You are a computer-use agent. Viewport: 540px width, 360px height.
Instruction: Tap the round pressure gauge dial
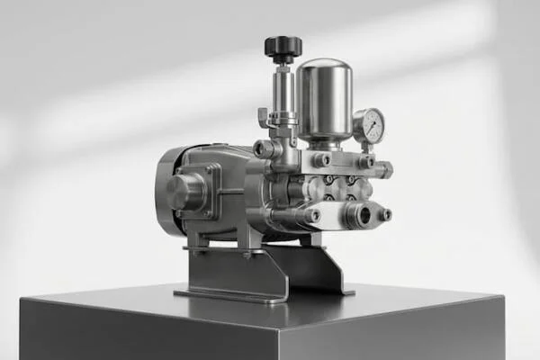coord(369,126)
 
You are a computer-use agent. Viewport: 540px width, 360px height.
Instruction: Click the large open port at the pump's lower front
coord(363,215)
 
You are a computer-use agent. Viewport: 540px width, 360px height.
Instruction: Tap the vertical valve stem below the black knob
coord(283,90)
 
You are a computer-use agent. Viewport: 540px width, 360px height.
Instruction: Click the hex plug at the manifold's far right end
coord(384,169)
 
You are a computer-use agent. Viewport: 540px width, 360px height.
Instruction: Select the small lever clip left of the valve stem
coord(264,118)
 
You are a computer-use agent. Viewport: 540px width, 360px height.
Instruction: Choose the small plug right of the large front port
coord(385,214)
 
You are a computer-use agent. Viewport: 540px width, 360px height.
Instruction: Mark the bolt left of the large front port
coord(312,216)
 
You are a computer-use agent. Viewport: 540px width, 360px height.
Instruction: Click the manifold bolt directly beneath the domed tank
coord(321,160)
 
